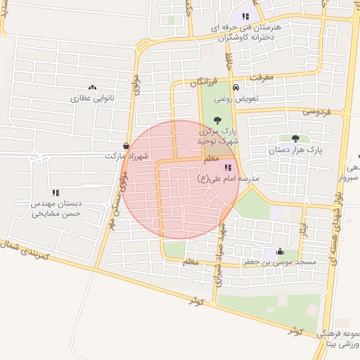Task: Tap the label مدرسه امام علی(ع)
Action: pos(229,179)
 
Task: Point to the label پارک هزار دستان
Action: pos(295,150)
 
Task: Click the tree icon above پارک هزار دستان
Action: pos(295,139)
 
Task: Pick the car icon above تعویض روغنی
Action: pos(236,88)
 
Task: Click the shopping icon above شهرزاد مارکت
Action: pos(126,146)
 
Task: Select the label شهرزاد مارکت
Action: pos(126,155)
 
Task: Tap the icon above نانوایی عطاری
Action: pos(86,89)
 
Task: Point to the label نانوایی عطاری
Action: pos(86,99)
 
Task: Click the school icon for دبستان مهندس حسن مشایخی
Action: pos(56,192)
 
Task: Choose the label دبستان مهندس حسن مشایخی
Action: pos(56,207)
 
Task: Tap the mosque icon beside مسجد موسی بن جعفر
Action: pos(280,251)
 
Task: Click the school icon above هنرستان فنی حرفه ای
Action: pos(245,16)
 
